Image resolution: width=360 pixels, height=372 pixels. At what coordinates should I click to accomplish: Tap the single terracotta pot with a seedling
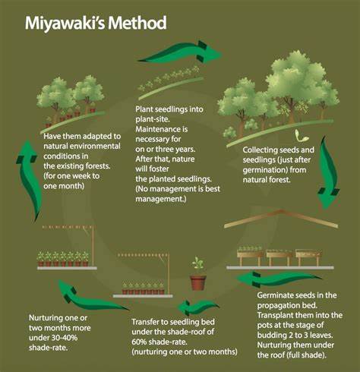click(198, 274)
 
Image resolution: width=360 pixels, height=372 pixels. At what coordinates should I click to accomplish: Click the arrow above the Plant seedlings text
click(180, 52)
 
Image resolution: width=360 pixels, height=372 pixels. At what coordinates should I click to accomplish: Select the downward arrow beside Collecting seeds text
click(328, 172)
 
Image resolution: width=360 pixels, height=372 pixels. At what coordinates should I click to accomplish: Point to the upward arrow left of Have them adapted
click(28, 180)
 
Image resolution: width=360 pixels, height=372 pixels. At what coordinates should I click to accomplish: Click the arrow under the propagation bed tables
click(279, 279)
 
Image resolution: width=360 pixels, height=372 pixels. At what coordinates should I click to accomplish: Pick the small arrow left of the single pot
click(197, 307)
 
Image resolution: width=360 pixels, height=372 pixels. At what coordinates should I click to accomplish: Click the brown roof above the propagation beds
click(281, 218)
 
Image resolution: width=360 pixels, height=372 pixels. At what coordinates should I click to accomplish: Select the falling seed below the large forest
click(302, 136)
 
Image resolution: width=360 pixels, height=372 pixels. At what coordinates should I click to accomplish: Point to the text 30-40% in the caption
click(65, 338)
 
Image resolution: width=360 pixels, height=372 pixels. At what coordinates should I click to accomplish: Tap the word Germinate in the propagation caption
click(273, 295)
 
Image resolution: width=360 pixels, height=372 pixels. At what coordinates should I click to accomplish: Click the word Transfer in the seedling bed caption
click(146, 322)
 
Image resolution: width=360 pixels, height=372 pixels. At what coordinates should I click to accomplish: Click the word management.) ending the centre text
click(161, 199)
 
